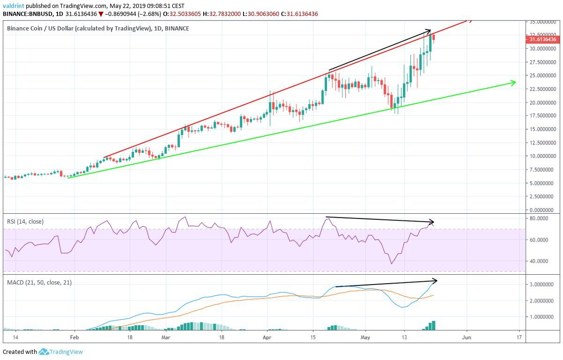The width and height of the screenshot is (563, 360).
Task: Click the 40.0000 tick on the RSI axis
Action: pos(540,261)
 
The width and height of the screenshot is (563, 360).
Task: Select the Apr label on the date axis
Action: pos(267,337)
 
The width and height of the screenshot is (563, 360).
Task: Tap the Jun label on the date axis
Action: pos(466,337)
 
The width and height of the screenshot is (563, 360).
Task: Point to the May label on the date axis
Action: pos(366,337)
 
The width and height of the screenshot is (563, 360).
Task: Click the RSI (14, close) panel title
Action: pos(25,221)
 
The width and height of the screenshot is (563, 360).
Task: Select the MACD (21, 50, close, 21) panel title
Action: pos(39,283)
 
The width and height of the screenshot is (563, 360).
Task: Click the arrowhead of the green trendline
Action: pos(514,83)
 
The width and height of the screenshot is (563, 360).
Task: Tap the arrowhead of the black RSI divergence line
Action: pos(433,222)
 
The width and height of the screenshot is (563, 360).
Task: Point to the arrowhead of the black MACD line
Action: pos(435,281)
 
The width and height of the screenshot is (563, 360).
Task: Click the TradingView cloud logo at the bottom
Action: pos(44,351)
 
